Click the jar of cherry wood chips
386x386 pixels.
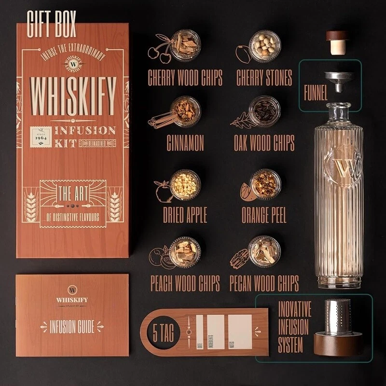point(185,45)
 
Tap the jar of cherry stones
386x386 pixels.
point(264,46)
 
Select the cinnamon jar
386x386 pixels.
point(185,110)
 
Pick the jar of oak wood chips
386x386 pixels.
point(264,110)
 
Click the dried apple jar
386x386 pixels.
point(185,184)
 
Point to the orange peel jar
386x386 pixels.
point(265,184)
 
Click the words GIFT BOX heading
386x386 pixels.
point(53,27)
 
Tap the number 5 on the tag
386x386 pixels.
point(155,331)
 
